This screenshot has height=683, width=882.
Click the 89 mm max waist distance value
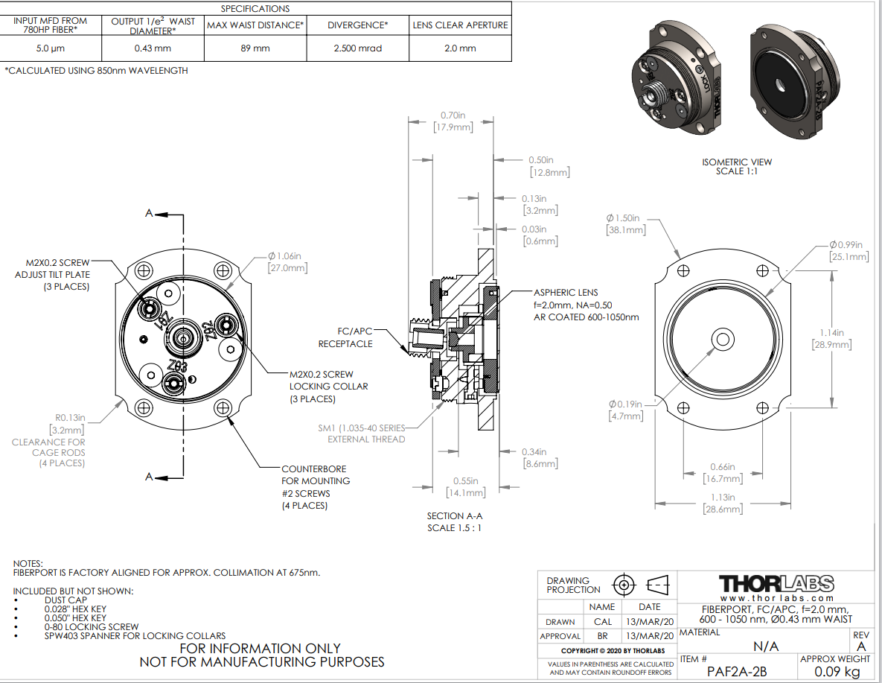click(255, 48)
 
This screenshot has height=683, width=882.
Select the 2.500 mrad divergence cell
click(357, 48)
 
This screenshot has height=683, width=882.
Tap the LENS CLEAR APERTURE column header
click(461, 25)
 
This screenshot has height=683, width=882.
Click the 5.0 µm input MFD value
click(50, 48)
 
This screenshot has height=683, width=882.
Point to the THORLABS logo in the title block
click(776, 583)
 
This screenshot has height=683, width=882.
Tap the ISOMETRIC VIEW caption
click(737, 162)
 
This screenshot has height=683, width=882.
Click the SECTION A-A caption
click(454, 515)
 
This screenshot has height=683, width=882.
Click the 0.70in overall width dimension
click(453, 115)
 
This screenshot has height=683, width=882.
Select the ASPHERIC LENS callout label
click(565, 293)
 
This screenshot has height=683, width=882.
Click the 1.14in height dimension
click(832, 333)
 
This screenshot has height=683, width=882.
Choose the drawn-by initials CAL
click(603, 622)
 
